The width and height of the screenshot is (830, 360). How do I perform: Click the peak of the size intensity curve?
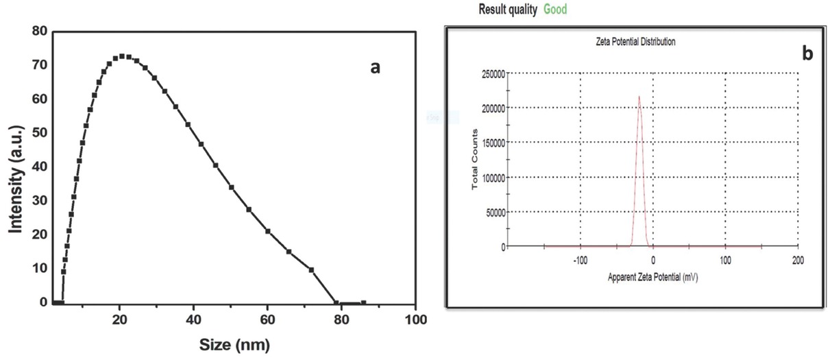point(122,56)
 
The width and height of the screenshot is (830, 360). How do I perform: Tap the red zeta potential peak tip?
point(639,97)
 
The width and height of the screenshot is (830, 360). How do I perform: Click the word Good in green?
point(555,10)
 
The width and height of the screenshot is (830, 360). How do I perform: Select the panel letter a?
point(375,67)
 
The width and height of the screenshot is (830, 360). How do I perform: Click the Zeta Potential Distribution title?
point(635,42)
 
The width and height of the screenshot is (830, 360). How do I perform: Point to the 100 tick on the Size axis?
point(416,320)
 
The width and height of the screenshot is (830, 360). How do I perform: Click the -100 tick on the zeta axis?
point(580,261)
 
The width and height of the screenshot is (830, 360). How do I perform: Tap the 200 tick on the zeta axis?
point(797,261)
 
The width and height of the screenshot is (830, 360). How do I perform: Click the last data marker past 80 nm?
point(363,302)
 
